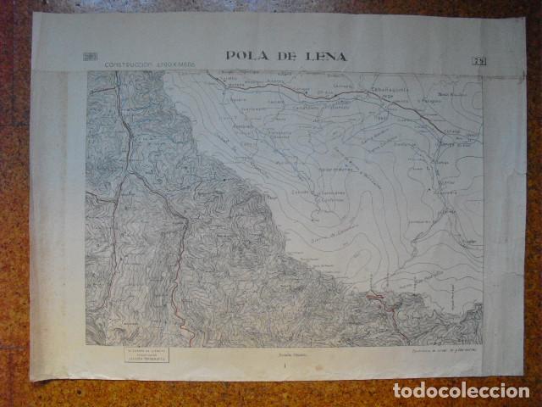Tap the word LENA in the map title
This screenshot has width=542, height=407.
point(325,57)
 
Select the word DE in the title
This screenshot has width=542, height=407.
point(285,57)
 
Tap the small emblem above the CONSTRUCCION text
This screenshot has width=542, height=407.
point(91,57)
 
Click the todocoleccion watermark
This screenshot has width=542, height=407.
point(460,391)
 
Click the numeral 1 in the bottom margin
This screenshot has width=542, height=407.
point(285,366)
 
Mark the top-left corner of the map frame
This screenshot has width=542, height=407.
point(87,71)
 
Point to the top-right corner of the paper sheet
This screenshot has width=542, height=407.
point(524,16)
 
